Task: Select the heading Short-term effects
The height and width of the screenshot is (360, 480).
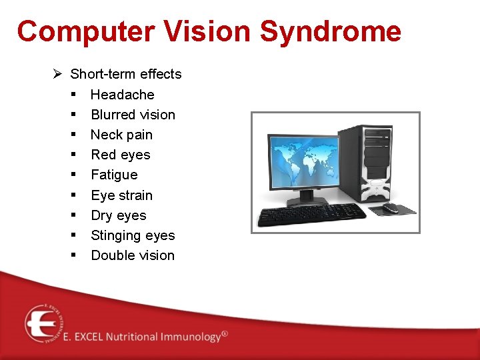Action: (125, 74)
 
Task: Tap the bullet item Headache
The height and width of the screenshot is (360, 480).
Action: (122, 95)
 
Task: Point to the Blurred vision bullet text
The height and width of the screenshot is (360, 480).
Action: (133, 115)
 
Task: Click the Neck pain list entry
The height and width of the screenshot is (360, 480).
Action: (121, 135)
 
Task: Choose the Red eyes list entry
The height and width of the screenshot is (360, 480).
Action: (120, 155)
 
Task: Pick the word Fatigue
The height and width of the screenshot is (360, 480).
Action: (114, 175)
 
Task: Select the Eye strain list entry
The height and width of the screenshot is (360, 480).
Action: (121, 195)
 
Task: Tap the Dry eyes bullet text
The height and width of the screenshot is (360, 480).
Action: (118, 215)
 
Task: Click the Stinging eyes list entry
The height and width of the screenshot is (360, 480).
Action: (133, 235)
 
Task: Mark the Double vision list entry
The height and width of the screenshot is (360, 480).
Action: (133, 255)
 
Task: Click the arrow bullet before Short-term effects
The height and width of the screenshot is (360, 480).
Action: (57, 74)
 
